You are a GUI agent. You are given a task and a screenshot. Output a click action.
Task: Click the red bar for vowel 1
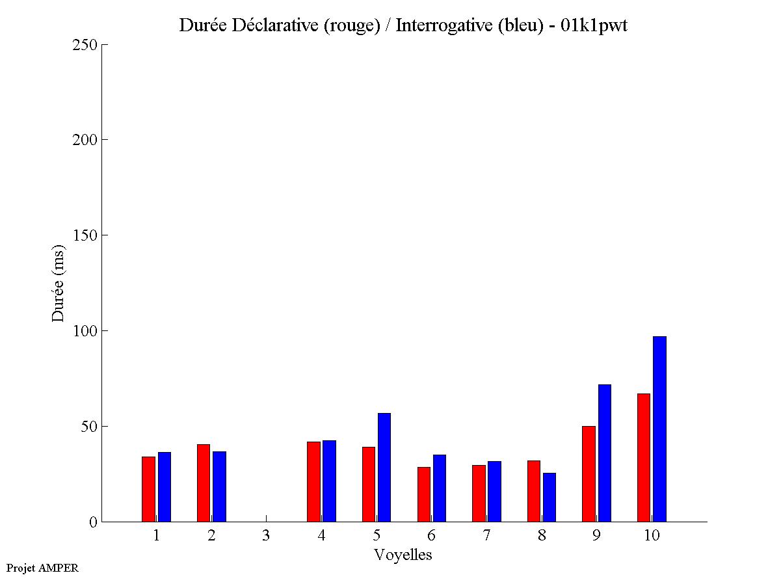pyautogui.click(x=148, y=489)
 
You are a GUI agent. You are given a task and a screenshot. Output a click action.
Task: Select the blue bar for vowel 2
pyautogui.click(x=219, y=486)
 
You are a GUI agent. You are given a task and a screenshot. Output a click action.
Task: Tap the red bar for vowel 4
pyautogui.click(x=313, y=481)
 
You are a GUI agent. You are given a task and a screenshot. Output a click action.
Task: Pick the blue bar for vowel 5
pyautogui.click(x=384, y=467)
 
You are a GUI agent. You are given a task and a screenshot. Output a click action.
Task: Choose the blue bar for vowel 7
pyautogui.click(x=494, y=491)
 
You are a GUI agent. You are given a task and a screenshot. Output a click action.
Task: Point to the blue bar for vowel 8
pyautogui.click(x=549, y=497)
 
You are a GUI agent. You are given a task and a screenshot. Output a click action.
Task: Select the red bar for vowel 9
pyautogui.click(x=589, y=473)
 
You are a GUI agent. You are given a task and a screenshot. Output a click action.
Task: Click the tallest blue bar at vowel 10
pyautogui.click(x=659, y=429)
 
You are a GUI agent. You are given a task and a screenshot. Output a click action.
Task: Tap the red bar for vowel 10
pyautogui.click(x=644, y=457)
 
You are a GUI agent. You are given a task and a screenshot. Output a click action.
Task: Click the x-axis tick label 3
pyautogui.click(x=266, y=535)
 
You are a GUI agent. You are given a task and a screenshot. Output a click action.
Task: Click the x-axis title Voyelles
pyautogui.click(x=403, y=555)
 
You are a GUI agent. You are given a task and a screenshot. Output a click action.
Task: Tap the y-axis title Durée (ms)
pyautogui.click(x=59, y=283)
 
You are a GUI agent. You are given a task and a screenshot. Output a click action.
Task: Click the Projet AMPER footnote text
pyautogui.click(x=42, y=568)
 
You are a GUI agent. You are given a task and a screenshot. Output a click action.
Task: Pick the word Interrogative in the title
pyautogui.click(x=439, y=26)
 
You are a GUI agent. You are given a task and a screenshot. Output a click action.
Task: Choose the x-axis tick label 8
pyautogui.click(x=542, y=535)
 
